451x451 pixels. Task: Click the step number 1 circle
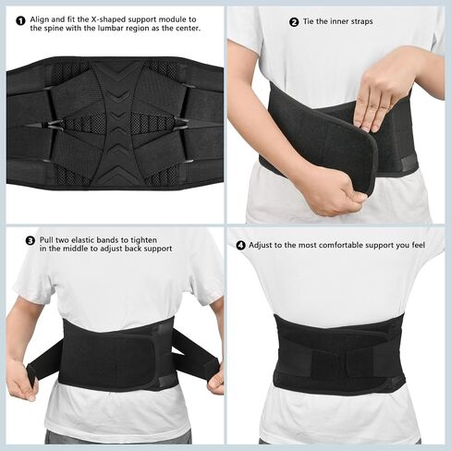point(20,21)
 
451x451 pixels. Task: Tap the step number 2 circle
point(294,22)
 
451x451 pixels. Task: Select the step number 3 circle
point(30,240)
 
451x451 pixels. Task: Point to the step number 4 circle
point(241,246)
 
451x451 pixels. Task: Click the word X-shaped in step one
point(108,19)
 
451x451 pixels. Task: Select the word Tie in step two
point(309,21)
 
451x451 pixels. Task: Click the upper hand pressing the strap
point(384,88)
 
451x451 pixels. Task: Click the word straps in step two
point(361,22)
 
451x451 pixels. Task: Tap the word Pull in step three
point(46,240)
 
